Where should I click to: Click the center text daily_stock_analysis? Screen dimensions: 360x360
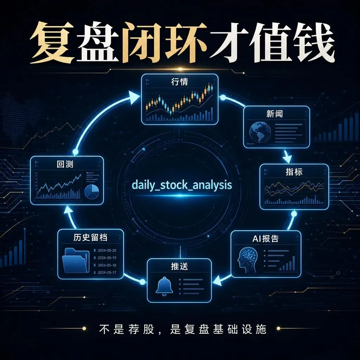coord(182,185)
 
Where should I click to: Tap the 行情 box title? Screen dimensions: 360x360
coord(180,82)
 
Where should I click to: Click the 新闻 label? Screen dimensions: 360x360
coord(274,114)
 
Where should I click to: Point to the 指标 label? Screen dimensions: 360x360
coord(294,172)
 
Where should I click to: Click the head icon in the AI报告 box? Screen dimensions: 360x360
coord(248,259)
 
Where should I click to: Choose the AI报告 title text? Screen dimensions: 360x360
coord(265,239)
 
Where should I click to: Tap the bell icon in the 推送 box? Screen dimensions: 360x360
coord(164,286)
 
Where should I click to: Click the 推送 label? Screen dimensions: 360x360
coord(180,266)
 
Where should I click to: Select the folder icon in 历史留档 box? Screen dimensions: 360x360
coord(76,260)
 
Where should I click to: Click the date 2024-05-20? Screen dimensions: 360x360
coord(107,250)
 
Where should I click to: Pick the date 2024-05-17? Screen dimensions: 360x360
coord(107,272)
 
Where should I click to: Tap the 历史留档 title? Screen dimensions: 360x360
coord(90,237)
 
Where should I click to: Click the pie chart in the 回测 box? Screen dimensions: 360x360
coord(92,192)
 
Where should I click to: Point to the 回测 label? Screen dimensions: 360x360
coord(65,164)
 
